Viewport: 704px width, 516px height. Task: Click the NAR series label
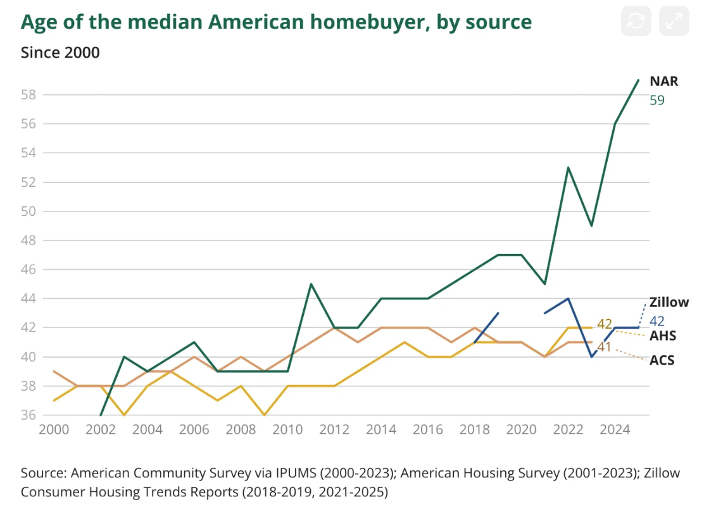click(x=663, y=82)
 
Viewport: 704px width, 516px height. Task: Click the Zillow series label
click(x=669, y=303)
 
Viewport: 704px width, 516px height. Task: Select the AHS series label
click(x=662, y=336)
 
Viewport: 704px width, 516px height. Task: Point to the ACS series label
click(x=662, y=360)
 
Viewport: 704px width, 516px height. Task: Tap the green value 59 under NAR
click(x=657, y=100)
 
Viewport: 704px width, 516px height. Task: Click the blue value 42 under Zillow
click(x=657, y=320)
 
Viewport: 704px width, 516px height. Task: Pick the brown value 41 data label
click(x=604, y=347)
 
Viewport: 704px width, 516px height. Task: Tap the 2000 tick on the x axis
click(x=53, y=430)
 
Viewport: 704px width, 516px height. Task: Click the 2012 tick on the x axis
click(x=334, y=430)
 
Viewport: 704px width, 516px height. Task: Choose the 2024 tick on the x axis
click(x=615, y=430)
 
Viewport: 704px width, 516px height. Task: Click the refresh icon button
click(x=636, y=22)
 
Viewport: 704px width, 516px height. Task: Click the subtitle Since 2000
click(x=60, y=52)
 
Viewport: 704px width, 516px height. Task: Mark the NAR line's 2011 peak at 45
click(x=311, y=284)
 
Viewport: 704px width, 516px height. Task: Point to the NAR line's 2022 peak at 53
click(x=569, y=167)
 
